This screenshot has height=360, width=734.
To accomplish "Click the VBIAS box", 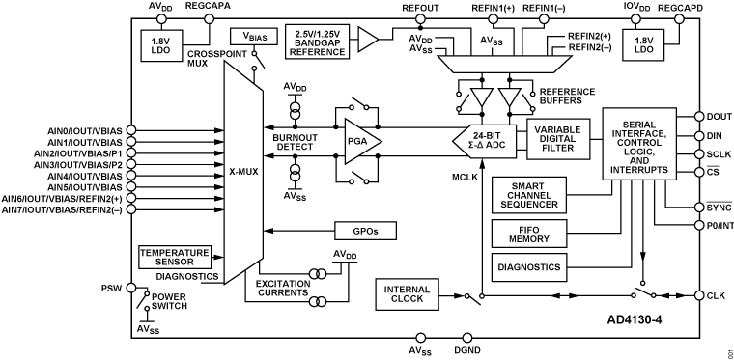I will click(x=254, y=37).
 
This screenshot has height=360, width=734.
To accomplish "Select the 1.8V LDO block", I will click(x=643, y=44).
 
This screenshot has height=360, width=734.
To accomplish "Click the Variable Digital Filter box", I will click(x=557, y=139).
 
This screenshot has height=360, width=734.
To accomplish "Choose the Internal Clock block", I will click(x=407, y=294).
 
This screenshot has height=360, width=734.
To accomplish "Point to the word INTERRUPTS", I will click(x=639, y=170).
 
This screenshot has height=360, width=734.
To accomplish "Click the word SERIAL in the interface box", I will click(x=639, y=125).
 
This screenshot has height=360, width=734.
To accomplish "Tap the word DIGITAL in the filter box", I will click(x=557, y=139).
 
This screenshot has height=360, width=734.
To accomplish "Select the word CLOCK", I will click(x=407, y=300).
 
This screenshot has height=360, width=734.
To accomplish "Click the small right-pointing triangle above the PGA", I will click(x=366, y=39).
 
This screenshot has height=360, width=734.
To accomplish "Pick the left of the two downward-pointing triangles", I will click(x=481, y=97).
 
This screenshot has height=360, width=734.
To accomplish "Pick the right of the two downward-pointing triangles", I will click(x=509, y=97).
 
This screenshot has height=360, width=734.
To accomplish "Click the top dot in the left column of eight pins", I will click(x=131, y=129).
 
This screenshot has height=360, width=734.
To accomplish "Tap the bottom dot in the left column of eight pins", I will click(x=131, y=208).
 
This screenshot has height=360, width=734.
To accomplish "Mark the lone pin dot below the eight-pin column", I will click(x=131, y=287).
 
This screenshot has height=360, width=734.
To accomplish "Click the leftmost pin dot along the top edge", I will click(x=161, y=18).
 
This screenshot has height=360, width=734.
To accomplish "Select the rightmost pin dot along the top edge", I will click(x=679, y=18).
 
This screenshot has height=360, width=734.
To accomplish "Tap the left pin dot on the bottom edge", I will click(x=420, y=338).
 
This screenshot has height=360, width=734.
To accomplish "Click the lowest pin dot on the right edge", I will click(x=699, y=295).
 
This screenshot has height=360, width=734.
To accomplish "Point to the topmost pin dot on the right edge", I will click(x=699, y=117).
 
